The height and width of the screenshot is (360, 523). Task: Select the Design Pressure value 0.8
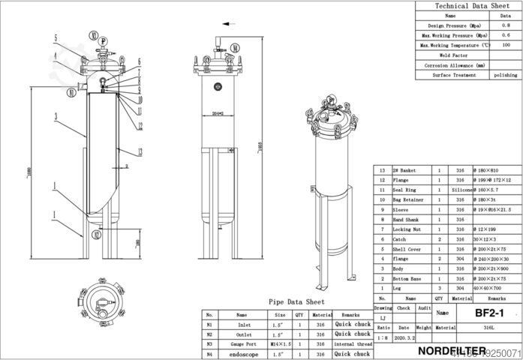tap(506, 25)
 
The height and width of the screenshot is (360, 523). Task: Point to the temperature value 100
tap(506, 45)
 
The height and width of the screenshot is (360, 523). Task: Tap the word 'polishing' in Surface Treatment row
tap(506, 75)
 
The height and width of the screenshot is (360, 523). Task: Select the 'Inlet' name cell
tap(242, 324)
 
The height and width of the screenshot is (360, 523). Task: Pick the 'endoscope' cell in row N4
tap(242, 353)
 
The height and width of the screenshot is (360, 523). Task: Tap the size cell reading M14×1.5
tap(278, 343)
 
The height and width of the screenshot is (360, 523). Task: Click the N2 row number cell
tap(209, 334)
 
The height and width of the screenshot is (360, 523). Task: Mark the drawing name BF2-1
tap(488, 311)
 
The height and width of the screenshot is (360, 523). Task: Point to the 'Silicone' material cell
tap(462, 190)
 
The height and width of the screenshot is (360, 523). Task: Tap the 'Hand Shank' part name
tap(410, 219)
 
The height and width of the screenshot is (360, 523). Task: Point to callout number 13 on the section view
tap(140, 126)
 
